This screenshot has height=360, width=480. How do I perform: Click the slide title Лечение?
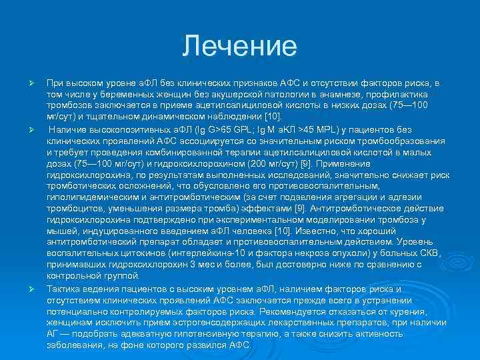(239, 46)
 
